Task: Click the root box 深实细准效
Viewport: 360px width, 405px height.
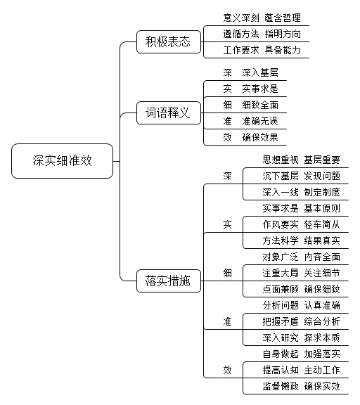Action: coord(63,161)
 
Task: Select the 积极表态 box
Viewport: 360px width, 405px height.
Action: coord(169,42)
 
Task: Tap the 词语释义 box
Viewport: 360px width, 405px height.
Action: coord(169,113)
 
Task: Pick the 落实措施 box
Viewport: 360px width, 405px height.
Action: coord(169,281)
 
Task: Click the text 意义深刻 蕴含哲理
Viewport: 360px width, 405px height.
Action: coord(262,18)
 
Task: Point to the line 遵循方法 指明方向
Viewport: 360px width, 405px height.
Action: coord(262,34)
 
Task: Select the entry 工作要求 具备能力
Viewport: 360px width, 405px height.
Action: coord(262,50)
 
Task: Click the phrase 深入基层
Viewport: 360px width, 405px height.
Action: coord(260,72)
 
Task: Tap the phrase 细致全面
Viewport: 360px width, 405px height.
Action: coord(260,105)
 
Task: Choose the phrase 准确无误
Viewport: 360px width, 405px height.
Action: coord(260,121)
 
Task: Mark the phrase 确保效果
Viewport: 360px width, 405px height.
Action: coord(260,137)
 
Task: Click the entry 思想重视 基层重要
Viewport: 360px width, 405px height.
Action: coord(301,160)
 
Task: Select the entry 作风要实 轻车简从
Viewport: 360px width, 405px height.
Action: coord(301,224)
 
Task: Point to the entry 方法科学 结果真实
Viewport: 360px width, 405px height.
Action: coord(301,240)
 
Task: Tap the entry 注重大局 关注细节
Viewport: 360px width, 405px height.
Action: coord(301,273)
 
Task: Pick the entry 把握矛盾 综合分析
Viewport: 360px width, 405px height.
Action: coord(301,321)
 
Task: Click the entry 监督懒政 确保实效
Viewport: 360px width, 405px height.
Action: coord(301,387)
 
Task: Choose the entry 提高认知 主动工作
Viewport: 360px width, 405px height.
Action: coord(301,370)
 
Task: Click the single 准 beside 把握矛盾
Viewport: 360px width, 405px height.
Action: coord(228,321)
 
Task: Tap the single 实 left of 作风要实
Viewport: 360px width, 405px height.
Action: coord(228,224)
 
